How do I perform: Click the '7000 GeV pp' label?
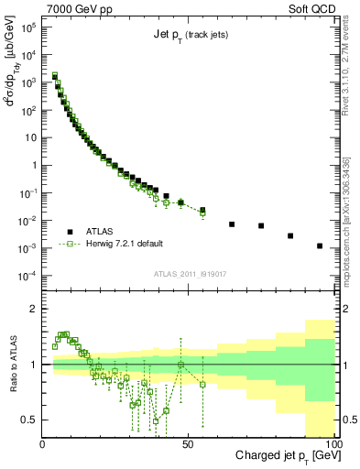pos(77,8)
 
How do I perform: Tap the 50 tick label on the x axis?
pos(189,443)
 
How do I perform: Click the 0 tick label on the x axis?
pos(43,443)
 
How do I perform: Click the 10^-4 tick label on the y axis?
pos(28,276)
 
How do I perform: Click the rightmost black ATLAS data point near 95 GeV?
pos(320,245)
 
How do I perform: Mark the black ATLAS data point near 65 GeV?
pos(232,224)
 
